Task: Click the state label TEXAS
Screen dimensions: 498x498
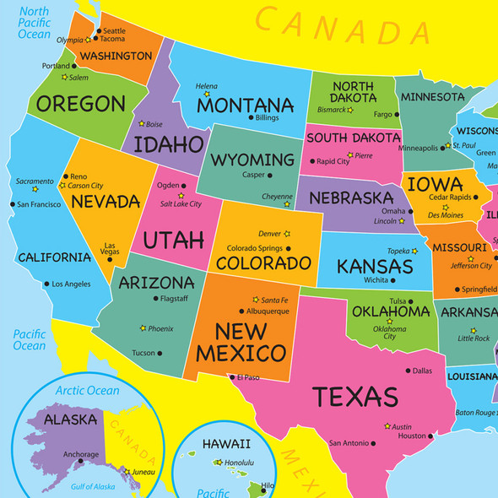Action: pos(355,397)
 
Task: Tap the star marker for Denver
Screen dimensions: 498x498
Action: pos(287,234)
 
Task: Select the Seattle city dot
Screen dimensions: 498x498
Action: pos(99,31)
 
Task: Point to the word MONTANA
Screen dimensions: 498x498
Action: pos(245,106)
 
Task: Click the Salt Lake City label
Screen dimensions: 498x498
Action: pos(181,203)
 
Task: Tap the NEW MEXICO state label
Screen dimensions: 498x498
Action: pos(239,341)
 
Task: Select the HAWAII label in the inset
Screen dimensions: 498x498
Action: pos(225,444)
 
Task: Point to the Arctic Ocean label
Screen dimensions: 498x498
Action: pos(88,391)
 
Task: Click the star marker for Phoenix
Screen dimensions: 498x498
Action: pos(143,328)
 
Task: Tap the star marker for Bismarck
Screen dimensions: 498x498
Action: pos(351,110)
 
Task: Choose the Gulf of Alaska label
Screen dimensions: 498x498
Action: pos(93,486)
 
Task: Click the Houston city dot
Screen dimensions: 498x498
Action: pos(430,436)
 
